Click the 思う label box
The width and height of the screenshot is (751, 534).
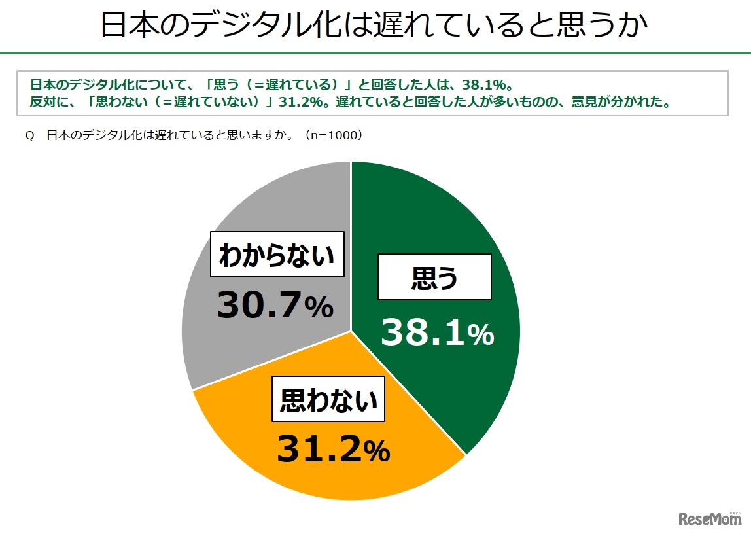[x=434, y=278]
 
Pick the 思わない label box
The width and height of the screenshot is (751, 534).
[x=328, y=399]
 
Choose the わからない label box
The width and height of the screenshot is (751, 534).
[x=277, y=254]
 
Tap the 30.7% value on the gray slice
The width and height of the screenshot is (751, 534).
[x=275, y=306]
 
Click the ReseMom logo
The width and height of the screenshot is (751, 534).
[x=710, y=519]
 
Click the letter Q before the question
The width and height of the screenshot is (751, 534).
[x=29, y=136]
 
